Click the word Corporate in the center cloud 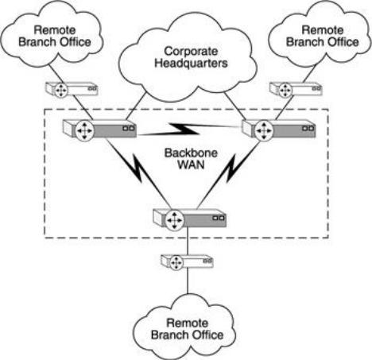coord(191,52)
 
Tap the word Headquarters coord(191,64)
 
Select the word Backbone coord(191,153)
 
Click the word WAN coord(191,165)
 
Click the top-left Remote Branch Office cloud coord(53,34)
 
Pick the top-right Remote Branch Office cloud coord(320,33)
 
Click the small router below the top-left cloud coord(72,90)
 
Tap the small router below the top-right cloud coord(296,90)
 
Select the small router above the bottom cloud coord(187,262)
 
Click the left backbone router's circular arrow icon coord(84,130)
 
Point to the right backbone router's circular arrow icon coord(264,130)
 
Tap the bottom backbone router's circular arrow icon coord(174,220)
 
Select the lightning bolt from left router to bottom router coord(138,172)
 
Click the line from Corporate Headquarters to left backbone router coord(136,106)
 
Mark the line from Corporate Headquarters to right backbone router coord(234,106)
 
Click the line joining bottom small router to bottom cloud coord(188,282)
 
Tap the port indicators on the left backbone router coord(129,129)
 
